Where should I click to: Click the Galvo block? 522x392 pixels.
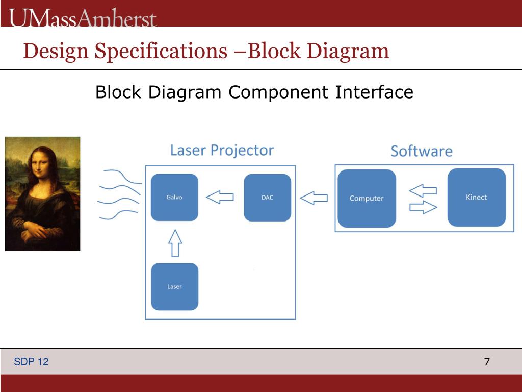pyautogui.click(x=174, y=197)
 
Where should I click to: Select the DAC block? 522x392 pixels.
pyautogui.click(x=267, y=198)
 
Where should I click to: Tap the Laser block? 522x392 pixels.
pyautogui.click(x=174, y=286)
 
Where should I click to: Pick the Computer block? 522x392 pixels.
pyautogui.click(x=367, y=198)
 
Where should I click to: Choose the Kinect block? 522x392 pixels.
pyautogui.click(x=476, y=197)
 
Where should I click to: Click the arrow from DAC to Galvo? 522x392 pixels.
pyautogui.click(x=220, y=197)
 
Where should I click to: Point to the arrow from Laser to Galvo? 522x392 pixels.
pyautogui.click(x=175, y=242)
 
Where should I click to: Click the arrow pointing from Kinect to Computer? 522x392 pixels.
pyautogui.click(x=423, y=191)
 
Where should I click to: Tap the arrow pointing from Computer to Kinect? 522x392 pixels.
pyautogui.click(x=424, y=207)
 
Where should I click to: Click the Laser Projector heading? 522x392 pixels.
pyautogui.click(x=222, y=150)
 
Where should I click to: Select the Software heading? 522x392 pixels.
pyautogui.click(x=422, y=151)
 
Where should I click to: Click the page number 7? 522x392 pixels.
pyautogui.click(x=487, y=362)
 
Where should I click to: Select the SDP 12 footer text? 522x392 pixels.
pyautogui.click(x=32, y=362)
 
